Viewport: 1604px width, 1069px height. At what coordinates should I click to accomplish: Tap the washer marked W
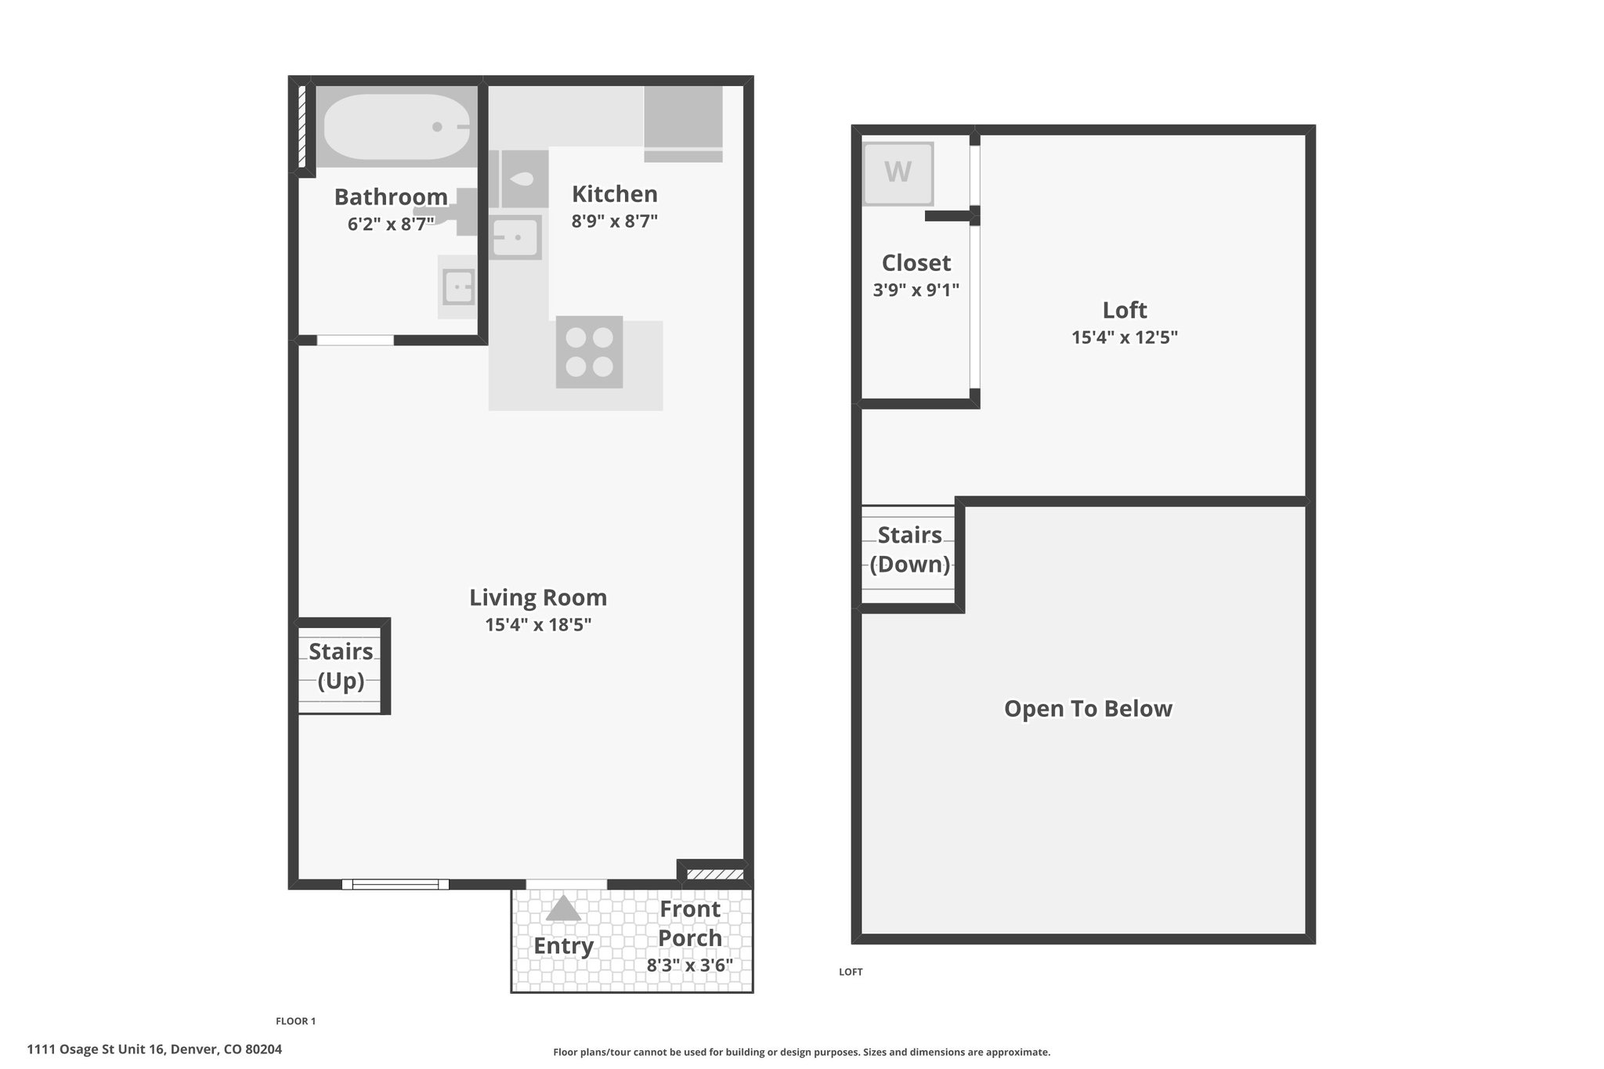(x=898, y=172)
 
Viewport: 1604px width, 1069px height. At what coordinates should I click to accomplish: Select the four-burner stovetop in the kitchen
(x=589, y=352)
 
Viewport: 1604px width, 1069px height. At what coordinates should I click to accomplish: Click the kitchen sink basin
(x=515, y=237)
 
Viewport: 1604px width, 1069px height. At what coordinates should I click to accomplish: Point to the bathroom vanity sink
(x=458, y=287)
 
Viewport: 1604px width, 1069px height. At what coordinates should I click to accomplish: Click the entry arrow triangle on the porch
(x=563, y=908)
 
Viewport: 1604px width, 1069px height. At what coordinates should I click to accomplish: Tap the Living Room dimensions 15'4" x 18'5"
(x=538, y=625)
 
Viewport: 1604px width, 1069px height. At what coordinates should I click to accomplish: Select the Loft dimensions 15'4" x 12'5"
(x=1125, y=338)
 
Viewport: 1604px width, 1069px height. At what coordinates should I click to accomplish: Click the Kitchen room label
(x=615, y=193)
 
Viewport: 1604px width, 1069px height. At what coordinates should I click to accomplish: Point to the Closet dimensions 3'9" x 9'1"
(x=916, y=290)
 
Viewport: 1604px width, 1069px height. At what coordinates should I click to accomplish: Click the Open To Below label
(x=1088, y=709)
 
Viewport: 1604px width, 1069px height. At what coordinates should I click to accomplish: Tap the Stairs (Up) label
(x=341, y=666)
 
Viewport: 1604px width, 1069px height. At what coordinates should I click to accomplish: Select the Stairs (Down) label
(x=909, y=549)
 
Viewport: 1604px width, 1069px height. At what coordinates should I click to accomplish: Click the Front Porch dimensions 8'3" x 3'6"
(x=689, y=965)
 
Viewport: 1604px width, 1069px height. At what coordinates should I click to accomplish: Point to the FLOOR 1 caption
(x=295, y=1021)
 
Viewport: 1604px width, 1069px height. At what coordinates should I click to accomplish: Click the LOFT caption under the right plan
(x=851, y=972)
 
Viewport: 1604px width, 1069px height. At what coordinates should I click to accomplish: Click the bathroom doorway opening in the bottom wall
(x=355, y=340)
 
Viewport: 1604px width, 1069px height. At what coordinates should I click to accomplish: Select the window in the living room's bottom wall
(x=396, y=884)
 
